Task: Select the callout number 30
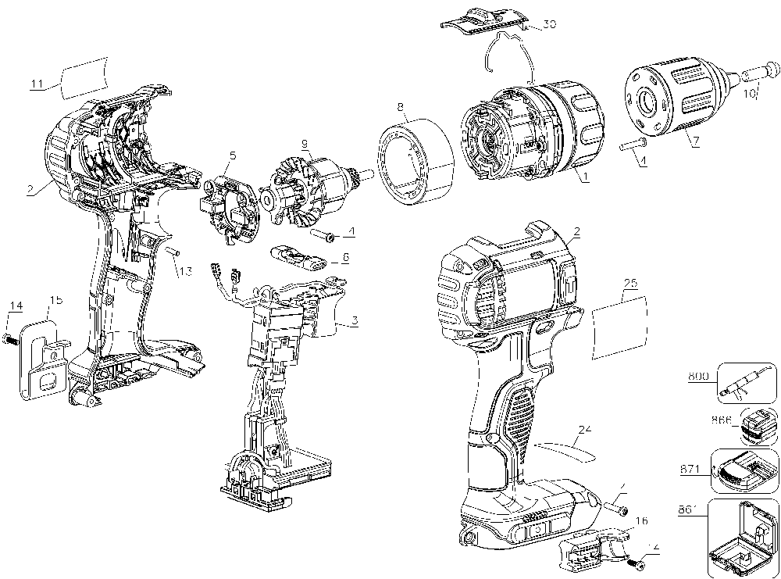[x=550, y=24]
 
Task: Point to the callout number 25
[x=630, y=297]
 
